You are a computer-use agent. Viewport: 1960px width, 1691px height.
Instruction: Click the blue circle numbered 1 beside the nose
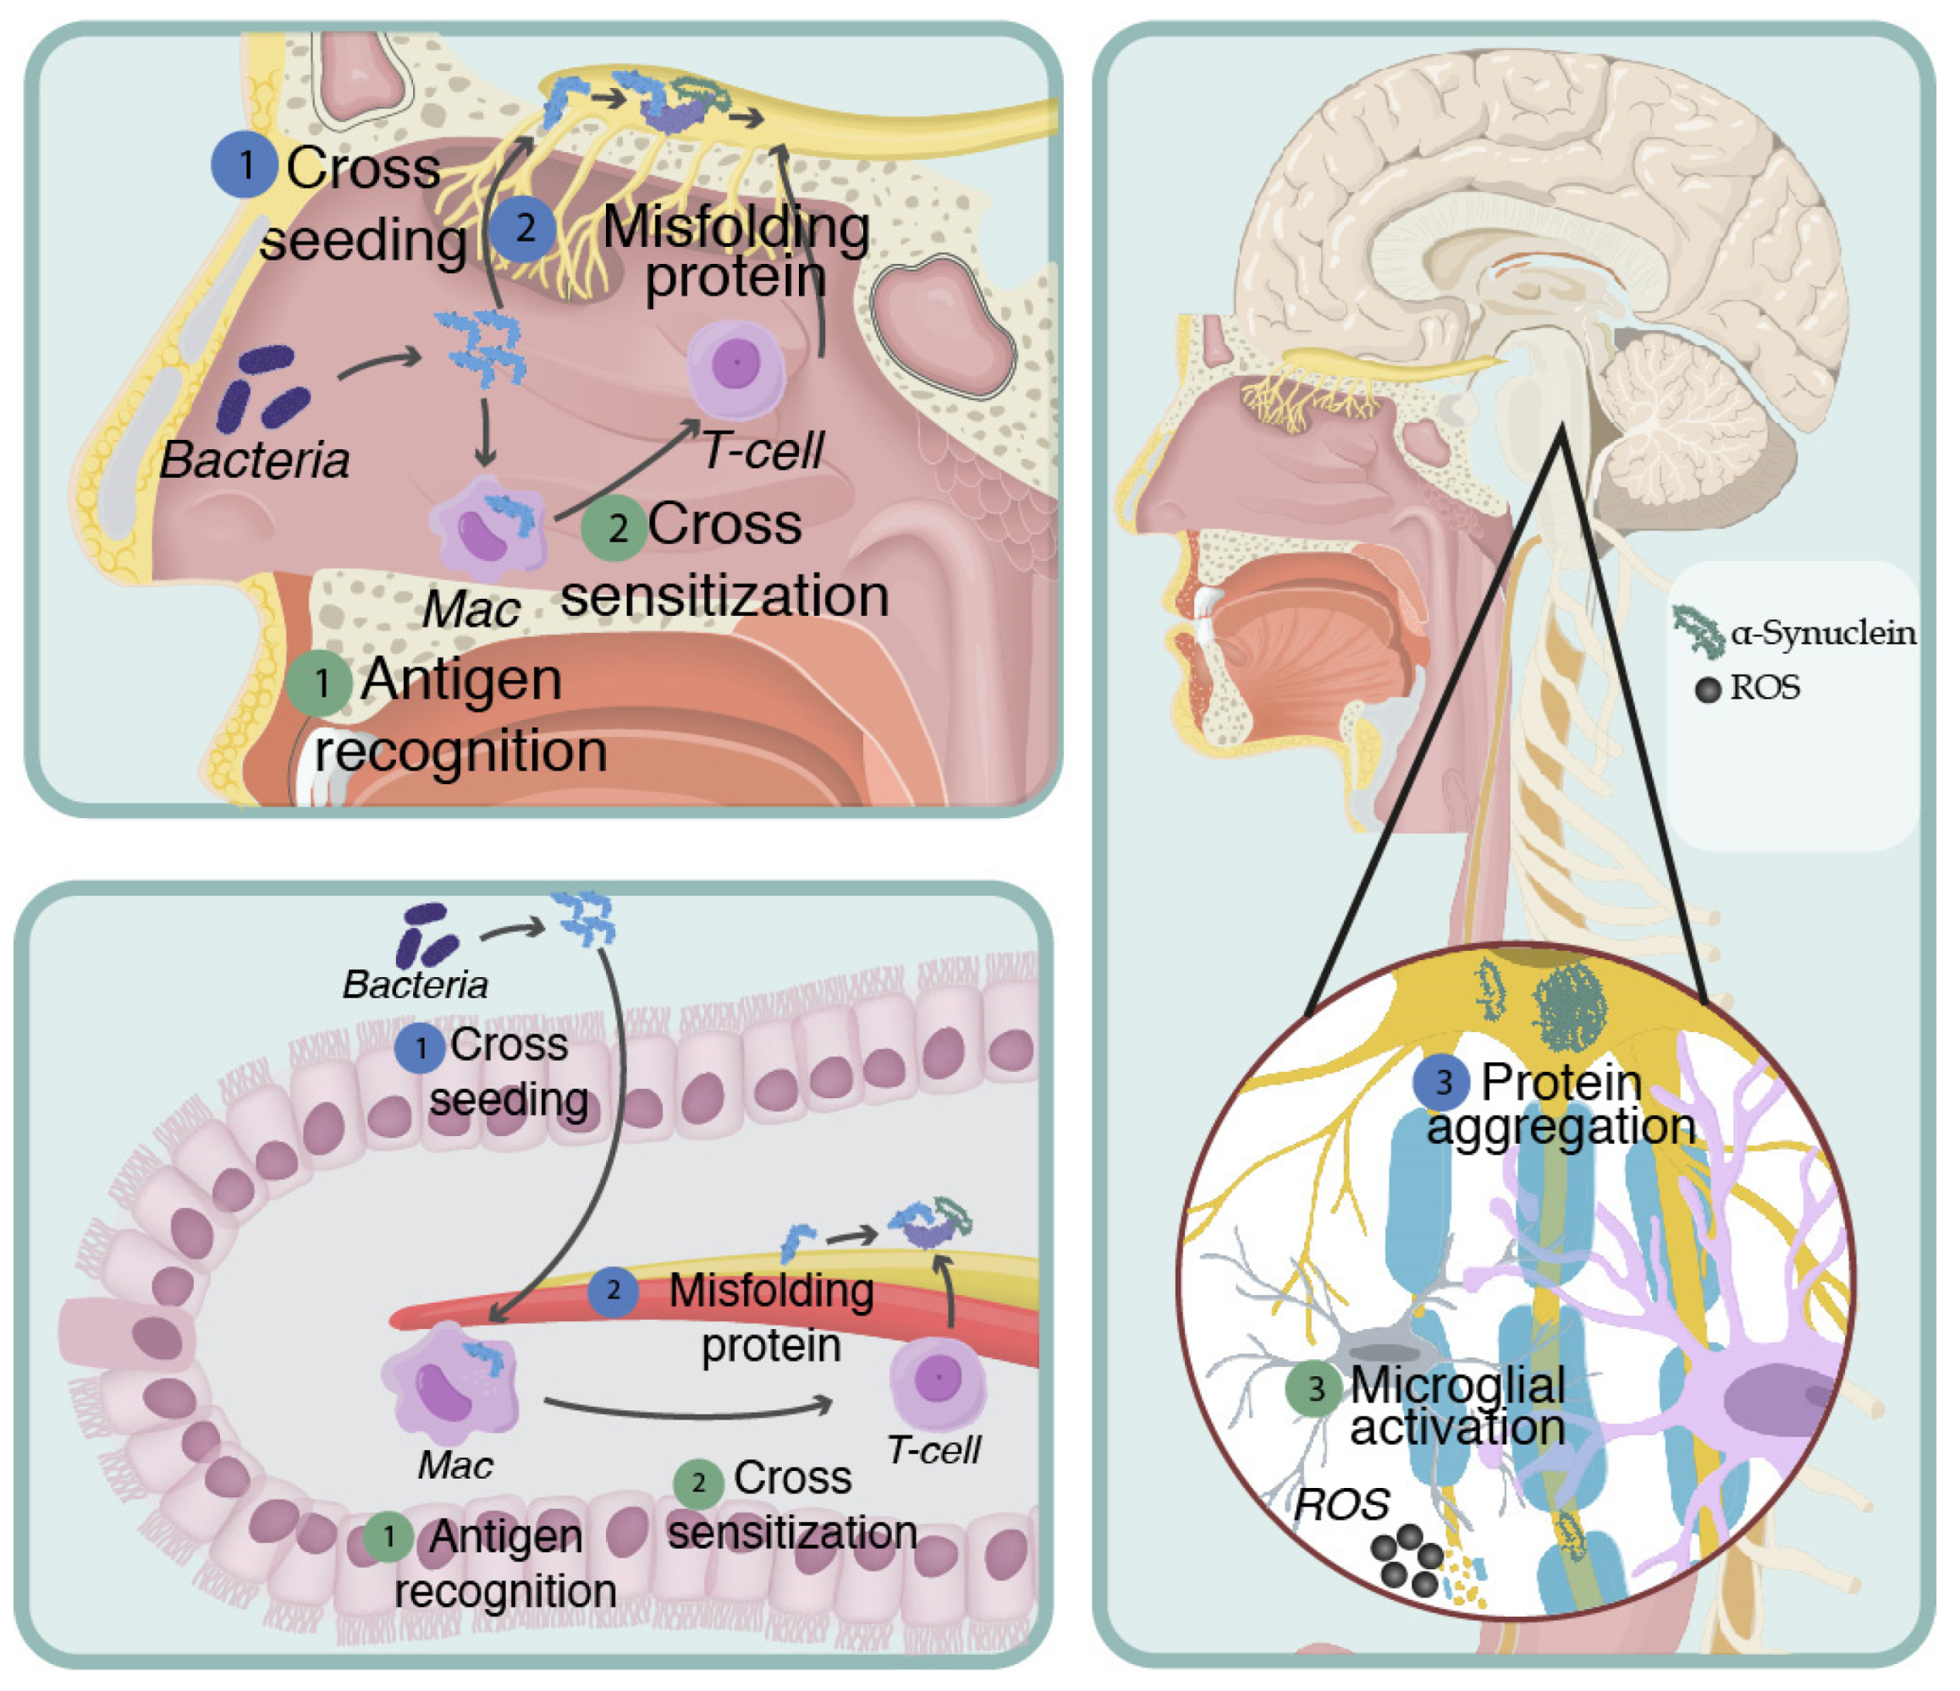coord(244,166)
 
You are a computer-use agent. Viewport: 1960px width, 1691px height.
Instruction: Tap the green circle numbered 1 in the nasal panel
coord(320,682)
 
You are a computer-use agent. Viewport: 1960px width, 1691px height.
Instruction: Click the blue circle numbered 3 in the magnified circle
coord(1441,1083)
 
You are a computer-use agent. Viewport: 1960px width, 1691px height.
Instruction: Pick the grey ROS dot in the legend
coord(1708,690)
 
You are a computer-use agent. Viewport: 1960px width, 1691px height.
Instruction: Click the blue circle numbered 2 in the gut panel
coord(613,1290)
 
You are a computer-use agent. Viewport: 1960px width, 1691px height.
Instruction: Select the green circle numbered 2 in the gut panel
coord(699,1482)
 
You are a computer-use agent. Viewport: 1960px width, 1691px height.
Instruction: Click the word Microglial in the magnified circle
coord(1457,1386)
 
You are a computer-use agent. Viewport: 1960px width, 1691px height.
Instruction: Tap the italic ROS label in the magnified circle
coord(1341,1504)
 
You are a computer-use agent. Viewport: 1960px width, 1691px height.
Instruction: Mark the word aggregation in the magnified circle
coord(1561,1128)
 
